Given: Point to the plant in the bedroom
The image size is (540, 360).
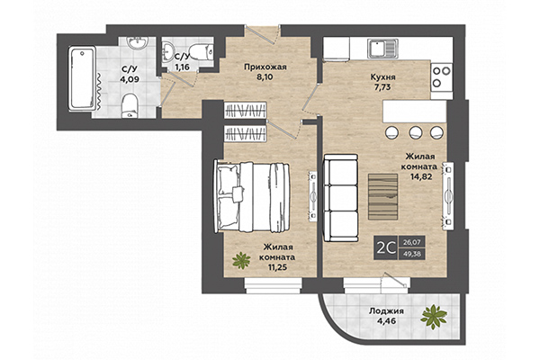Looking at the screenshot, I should point(241,262).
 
